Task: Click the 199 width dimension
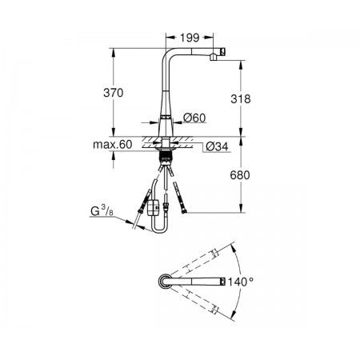coord(190,38)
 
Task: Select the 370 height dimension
coord(114,93)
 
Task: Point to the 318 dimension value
coord(241,99)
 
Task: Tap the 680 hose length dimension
coord(240,175)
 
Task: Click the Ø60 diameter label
coord(194,118)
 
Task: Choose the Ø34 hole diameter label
coord(217,146)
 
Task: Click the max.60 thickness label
coord(113,145)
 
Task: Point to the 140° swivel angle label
coord(240,282)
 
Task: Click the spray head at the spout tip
coord(218,54)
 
